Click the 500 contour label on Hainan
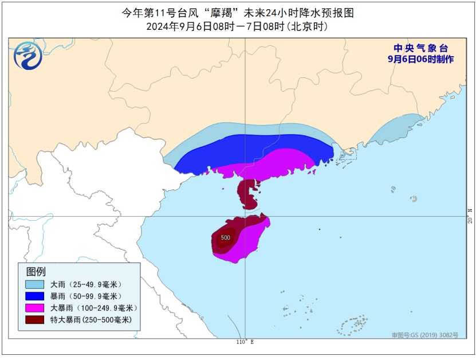point(226,237)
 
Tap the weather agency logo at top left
point(28,56)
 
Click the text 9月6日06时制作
point(420,59)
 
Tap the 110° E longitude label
point(245,342)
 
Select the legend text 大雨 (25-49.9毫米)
point(86,284)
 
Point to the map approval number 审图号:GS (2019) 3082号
point(424,335)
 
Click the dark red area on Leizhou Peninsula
point(248,194)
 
